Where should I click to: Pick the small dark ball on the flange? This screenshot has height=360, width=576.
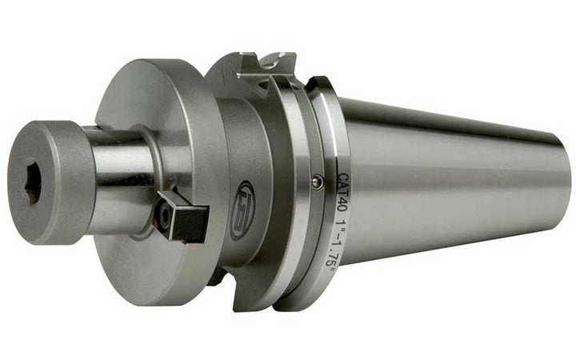coord(318,182)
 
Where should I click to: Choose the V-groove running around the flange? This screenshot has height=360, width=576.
coord(301,184)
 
